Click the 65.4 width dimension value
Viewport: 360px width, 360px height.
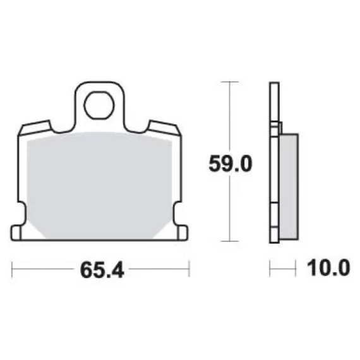(102, 270)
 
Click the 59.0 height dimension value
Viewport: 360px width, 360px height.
(231, 164)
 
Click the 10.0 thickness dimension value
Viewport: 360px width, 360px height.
(328, 268)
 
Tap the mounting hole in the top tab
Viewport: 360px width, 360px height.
(99, 105)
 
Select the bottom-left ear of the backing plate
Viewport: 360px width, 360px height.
(16, 233)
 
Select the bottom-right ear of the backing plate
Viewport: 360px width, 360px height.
(183, 233)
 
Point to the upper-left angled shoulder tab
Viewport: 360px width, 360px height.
(35, 128)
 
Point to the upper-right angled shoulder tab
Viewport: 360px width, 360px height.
(164, 128)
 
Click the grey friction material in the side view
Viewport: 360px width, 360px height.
(289, 186)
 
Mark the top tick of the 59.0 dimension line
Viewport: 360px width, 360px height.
(230, 81)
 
